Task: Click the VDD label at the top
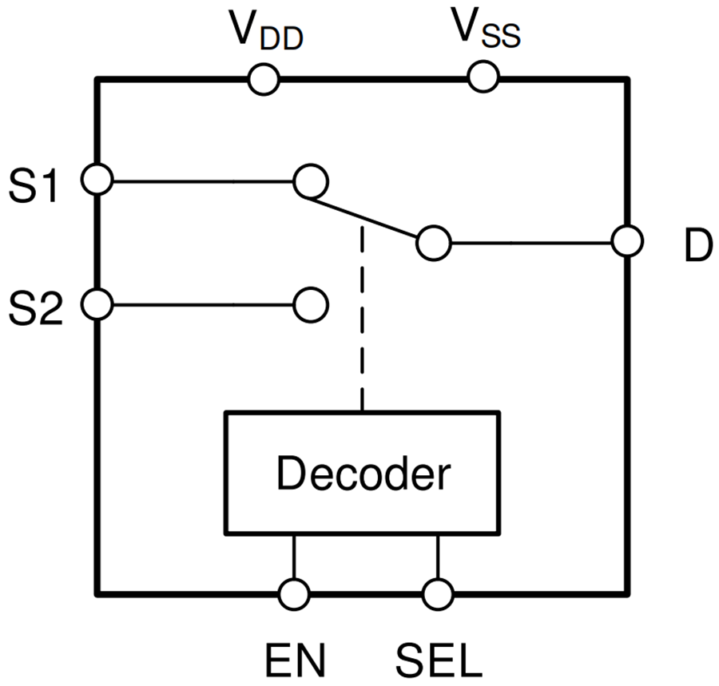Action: tap(266, 33)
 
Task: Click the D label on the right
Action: tap(697, 248)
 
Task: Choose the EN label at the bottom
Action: tap(295, 660)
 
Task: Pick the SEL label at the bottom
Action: tap(439, 660)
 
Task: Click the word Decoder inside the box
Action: tap(363, 474)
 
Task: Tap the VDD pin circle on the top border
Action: tap(263, 80)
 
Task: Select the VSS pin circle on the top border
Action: tap(483, 77)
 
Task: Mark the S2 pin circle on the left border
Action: tap(97, 304)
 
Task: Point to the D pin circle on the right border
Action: tap(627, 242)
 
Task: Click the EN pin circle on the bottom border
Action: tap(294, 594)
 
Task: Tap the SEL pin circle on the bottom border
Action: tap(437, 594)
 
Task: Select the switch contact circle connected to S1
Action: tap(310, 181)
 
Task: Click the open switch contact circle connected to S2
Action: tap(310, 304)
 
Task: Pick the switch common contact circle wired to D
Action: tap(434, 243)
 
